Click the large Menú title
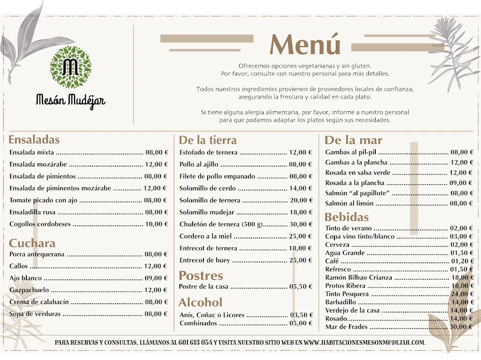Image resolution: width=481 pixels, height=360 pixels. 305,46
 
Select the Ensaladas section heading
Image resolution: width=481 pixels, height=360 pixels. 34,139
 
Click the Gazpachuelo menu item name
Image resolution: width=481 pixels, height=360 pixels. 29,290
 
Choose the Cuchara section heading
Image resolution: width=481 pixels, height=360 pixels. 32,243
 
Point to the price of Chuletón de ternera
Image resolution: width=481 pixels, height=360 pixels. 301,224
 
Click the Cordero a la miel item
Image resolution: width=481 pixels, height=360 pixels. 205,236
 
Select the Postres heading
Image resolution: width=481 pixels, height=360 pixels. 201,275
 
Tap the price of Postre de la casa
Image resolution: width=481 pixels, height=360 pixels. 301,286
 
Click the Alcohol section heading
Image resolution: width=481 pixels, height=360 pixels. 200,302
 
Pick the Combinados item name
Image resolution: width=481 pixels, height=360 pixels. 198,323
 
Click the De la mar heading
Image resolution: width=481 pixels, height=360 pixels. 353,140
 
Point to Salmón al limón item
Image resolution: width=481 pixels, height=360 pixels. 349,203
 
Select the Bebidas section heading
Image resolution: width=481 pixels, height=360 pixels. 347,217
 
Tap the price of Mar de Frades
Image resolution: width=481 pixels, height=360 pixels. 461,327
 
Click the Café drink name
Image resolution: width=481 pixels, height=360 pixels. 332,261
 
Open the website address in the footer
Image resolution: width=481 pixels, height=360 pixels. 364,342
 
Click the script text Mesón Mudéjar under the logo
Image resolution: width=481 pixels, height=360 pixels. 70,100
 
